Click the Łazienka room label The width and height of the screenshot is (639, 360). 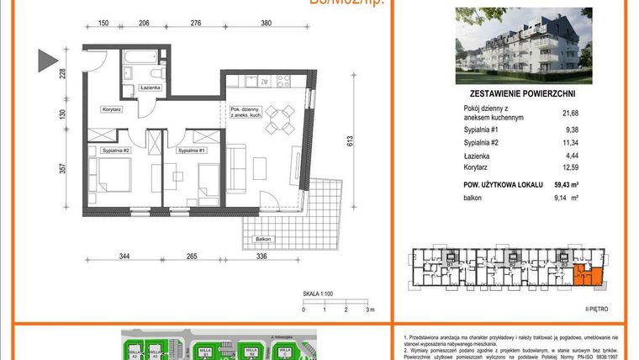pyautogui.click(x=139, y=87)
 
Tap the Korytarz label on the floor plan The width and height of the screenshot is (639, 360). pyautogui.click(x=113, y=109)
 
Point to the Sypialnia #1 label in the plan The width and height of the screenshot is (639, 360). pyautogui.click(x=193, y=150)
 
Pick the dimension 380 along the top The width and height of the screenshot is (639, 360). pyautogui.click(x=266, y=24)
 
